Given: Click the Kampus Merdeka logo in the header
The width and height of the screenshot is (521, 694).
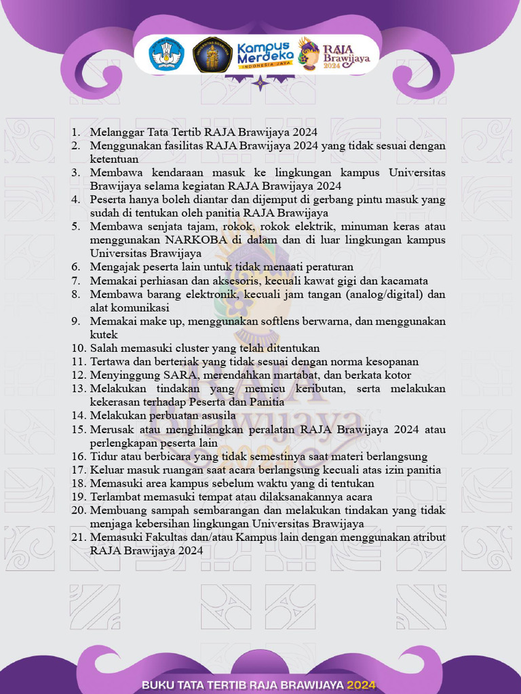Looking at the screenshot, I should coord(265,54).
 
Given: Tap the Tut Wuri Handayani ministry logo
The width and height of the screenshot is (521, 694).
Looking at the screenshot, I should coord(168,54).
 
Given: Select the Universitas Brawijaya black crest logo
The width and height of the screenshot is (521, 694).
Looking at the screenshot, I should coord(212,54).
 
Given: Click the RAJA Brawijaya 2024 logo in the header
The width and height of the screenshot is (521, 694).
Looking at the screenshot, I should coord(336,54).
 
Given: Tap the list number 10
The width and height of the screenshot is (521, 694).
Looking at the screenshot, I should coord(78,348).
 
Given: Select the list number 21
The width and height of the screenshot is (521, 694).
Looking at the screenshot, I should coord(78,537).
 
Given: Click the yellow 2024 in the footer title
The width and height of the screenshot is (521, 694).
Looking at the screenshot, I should coord(366,685).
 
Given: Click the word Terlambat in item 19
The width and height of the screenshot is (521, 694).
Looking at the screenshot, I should coord(115,497).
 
